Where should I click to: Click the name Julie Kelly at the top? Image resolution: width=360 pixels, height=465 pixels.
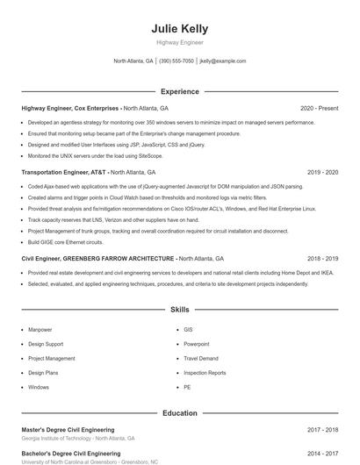pos(179,28)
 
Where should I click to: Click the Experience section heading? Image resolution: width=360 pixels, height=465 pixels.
pos(179,91)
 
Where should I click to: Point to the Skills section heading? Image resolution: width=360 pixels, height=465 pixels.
pos(179,310)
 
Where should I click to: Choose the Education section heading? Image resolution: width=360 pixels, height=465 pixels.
pos(179,412)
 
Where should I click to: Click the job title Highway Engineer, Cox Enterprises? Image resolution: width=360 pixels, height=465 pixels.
pos(71,108)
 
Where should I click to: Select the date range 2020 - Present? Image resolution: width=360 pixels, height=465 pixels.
pos(319,108)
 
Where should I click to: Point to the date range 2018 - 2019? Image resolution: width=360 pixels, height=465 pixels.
pos(322,259)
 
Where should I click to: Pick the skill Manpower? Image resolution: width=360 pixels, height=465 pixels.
pos(40,330)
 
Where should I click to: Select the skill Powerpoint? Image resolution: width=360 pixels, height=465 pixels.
pos(196,344)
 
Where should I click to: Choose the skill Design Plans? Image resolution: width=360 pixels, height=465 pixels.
pos(43,373)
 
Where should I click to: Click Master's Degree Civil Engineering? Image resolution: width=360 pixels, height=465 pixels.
pos(70,430)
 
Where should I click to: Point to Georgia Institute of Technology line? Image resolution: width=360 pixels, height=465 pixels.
pos(77,438)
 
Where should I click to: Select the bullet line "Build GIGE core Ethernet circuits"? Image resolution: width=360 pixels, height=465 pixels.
pos(65,241)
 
